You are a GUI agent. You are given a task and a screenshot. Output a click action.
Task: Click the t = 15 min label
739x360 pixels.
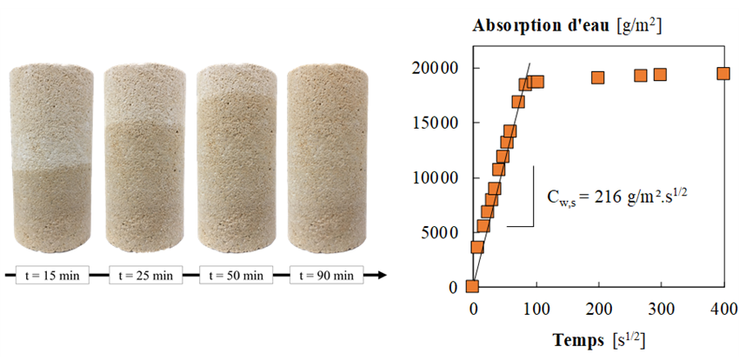(x=51, y=276)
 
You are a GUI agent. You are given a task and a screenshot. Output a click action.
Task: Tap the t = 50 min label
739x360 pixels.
(x=235, y=276)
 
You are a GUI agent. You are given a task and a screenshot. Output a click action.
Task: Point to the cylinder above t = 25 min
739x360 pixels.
(x=145, y=157)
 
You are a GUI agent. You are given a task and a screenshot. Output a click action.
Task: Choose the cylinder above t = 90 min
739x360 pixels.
(x=328, y=157)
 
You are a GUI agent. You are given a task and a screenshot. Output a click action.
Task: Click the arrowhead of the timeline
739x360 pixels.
(x=381, y=276)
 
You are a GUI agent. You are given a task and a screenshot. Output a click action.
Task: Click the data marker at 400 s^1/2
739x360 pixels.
(x=723, y=74)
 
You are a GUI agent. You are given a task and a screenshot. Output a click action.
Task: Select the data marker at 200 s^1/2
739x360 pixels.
(x=597, y=77)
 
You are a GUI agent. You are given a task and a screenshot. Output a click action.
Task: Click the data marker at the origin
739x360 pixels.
(x=472, y=286)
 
